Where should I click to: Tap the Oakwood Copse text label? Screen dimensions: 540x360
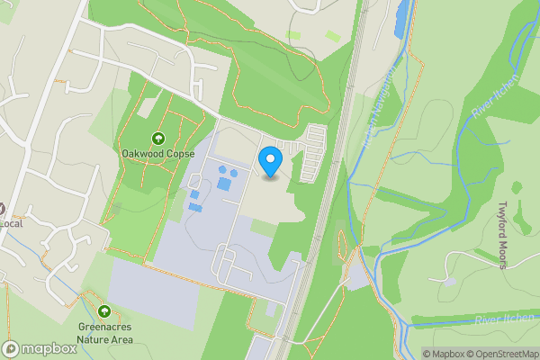[x=158, y=153]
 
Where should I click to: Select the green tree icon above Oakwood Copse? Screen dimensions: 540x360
[x=158, y=138]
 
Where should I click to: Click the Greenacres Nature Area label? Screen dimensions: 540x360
[x=105, y=334]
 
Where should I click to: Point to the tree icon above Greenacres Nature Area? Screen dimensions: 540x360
[x=105, y=311]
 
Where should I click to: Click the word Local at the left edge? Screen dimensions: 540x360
[x=11, y=221]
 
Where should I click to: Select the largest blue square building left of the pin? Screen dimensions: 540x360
[x=223, y=184]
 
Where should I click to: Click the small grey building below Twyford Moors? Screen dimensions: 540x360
[x=447, y=280]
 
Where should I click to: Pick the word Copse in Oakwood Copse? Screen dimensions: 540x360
[x=179, y=153]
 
